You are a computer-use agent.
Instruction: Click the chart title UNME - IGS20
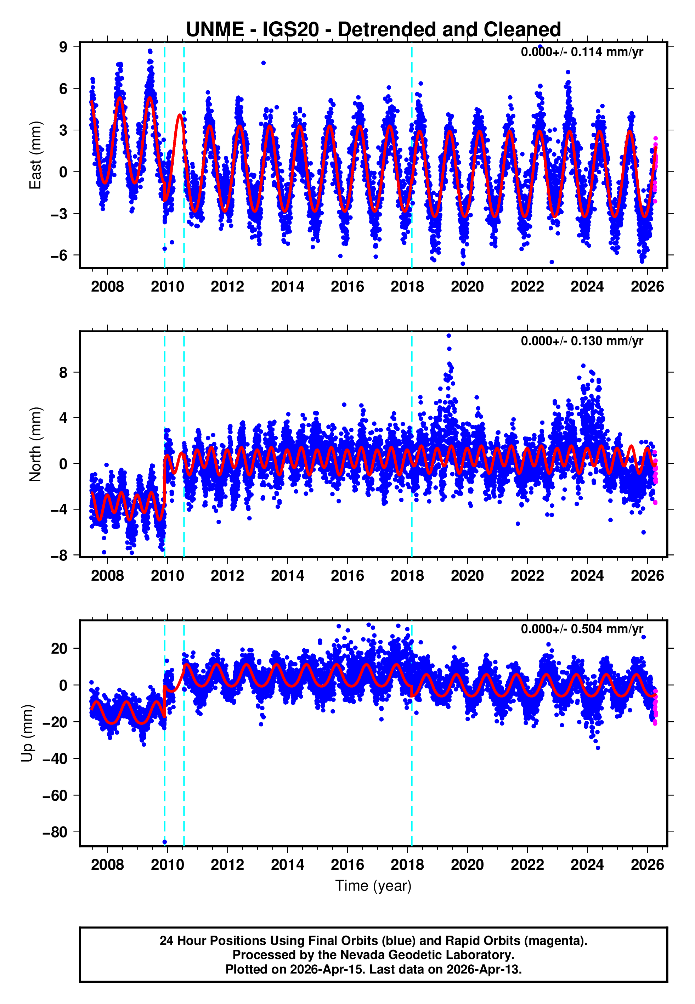(x=373, y=30)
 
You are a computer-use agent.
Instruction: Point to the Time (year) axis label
(x=373, y=886)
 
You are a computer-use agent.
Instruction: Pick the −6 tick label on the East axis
(x=59, y=255)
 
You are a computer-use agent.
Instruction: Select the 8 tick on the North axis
(x=63, y=372)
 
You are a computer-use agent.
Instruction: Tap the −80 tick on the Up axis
(x=55, y=832)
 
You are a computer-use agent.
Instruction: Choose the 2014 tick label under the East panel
(x=287, y=287)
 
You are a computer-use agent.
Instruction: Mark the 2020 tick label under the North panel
(x=467, y=576)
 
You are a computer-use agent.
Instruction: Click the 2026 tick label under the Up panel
(x=648, y=865)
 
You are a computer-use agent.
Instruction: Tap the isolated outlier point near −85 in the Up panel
(x=165, y=842)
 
